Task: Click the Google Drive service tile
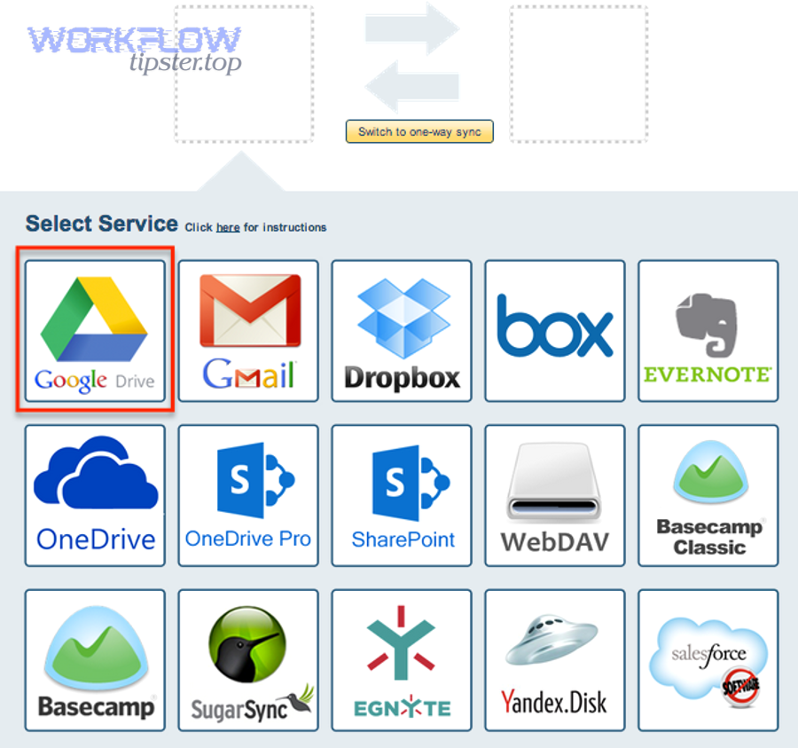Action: coord(95,331)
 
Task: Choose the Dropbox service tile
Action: coord(402,331)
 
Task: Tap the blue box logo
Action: coord(554,327)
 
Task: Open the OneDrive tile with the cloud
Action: coord(95,494)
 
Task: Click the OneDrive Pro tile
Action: coord(248,494)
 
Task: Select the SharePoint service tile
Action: coord(402,494)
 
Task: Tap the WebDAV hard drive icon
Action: coord(554,480)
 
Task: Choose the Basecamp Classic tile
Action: coord(708,494)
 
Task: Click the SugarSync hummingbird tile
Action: coord(248,659)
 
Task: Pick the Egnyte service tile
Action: coord(402,659)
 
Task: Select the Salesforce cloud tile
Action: coord(708,659)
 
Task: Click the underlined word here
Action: coord(228,228)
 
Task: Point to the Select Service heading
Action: coord(101,224)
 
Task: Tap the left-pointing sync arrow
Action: coord(412,87)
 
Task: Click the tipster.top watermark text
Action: coord(184,63)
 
